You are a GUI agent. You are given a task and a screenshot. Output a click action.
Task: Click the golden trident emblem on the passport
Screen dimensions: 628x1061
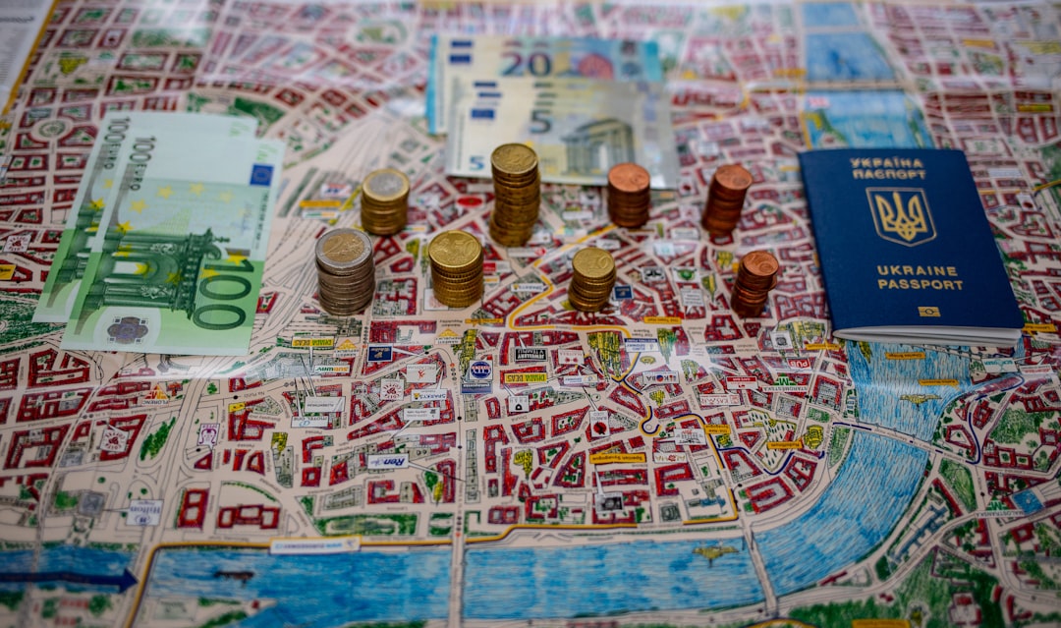(x=901, y=215)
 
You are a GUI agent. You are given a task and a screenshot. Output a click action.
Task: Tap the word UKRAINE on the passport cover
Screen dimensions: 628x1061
(x=903, y=269)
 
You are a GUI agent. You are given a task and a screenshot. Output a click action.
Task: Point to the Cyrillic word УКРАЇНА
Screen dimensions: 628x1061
(x=886, y=162)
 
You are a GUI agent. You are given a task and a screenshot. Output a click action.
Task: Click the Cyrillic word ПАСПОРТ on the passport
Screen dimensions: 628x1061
(x=888, y=174)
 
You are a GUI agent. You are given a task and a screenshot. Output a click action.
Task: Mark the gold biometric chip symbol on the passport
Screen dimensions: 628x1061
(x=928, y=311)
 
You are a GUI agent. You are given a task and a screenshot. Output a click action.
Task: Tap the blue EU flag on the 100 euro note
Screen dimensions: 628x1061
(x=260, y=174)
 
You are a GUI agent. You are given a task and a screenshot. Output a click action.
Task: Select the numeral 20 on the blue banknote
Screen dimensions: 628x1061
(x=527, y=63)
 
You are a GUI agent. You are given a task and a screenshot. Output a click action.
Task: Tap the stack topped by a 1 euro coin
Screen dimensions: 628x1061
(x=385, y=200)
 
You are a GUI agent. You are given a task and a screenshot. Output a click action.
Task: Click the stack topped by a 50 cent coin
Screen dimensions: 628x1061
(x=456, y=267)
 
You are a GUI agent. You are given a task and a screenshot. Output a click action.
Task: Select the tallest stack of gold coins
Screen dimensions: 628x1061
(x=515, y=194)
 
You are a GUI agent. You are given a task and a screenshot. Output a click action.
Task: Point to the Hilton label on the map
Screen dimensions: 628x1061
(x=143, y=511)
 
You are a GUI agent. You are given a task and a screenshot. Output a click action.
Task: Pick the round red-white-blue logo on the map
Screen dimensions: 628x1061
(x=479, y=370)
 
